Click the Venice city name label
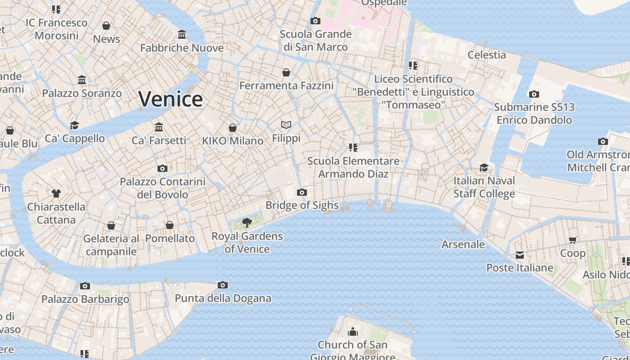tap(171, 99)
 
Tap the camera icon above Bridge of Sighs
tap(302, 193)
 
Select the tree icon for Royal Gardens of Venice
tap(247, 222)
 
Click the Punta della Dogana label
tap(223, 298)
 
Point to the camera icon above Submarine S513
tap(534, 94)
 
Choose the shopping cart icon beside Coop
tap(573, 240)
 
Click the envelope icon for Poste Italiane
tap(520, 255)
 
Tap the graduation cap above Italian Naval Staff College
tap(484, 167)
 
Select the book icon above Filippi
tap(286, 125)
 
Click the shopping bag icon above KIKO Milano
tap(233, 128)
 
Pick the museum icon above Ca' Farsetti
tap(158, 127)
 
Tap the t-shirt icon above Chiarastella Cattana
tap(56, 193)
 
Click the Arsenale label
tap(463, 244)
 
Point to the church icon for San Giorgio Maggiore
tap(353, 332)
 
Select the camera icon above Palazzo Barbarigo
tap(85, 286)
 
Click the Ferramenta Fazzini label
tap(286, 85)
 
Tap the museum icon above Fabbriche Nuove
tap(182, 34)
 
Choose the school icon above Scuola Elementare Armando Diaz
tap(353, 147)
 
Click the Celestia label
tap(486, 55)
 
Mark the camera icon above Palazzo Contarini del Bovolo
tap(162, 168)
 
